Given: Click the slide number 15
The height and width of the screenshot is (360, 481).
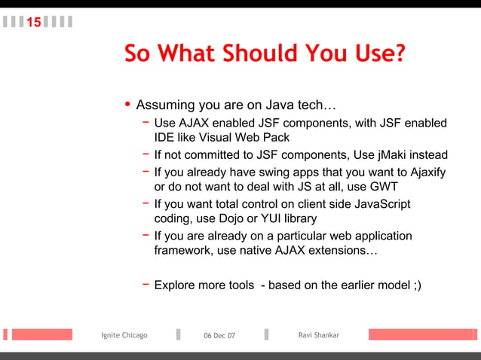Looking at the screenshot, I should tap(34, 23).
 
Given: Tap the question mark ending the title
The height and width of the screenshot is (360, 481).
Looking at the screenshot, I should tap(398, 53).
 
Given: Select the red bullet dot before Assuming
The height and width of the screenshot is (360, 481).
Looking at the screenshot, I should tap(128, 103).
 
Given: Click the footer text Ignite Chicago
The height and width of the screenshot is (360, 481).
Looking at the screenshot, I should tap(124, 335).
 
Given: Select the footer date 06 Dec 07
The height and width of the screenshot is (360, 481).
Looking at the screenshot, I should tap(219, 336).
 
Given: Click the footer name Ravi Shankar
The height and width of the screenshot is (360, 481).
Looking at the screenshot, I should tap(319, 335).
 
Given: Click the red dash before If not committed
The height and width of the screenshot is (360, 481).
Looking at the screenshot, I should tap(145, 154).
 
